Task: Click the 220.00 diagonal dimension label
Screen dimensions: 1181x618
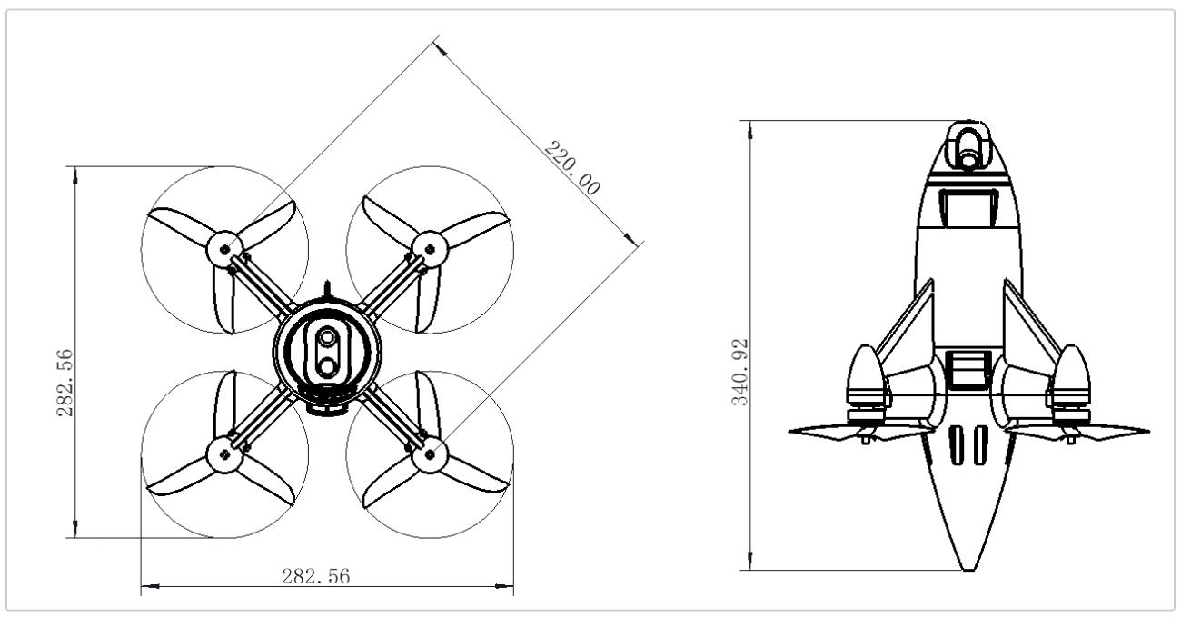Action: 572,168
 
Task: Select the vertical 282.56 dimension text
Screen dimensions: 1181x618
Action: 65,383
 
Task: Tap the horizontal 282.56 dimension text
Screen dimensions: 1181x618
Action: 316,576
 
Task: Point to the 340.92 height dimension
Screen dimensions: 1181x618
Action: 740,373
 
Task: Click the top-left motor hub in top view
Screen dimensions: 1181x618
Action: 225,249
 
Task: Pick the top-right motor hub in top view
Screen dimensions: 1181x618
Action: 430,249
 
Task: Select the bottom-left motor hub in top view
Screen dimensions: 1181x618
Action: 225,454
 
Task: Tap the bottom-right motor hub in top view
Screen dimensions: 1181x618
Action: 430,454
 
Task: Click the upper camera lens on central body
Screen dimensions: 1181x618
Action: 327,337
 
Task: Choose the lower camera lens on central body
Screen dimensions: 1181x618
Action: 327,366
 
